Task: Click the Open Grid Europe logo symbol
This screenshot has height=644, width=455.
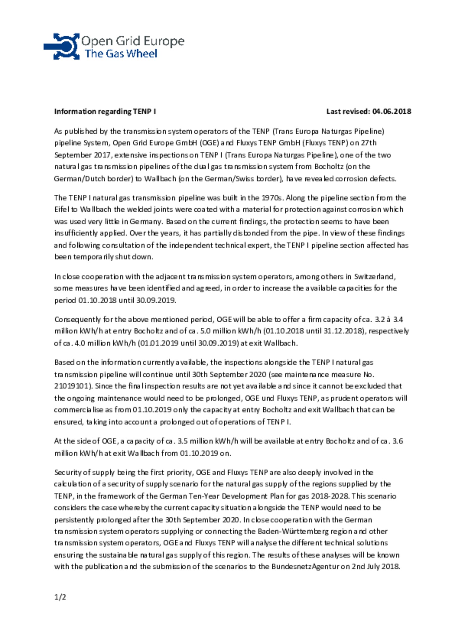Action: click(x=62, y=46)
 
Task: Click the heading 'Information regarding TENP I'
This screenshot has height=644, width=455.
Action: click(x=105, y=112)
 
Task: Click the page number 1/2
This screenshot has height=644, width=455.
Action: click(x=60, y=597)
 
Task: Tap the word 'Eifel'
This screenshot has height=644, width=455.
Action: click(x=60, y=210)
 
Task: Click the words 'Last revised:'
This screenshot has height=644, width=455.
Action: click(x=348, y=112)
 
